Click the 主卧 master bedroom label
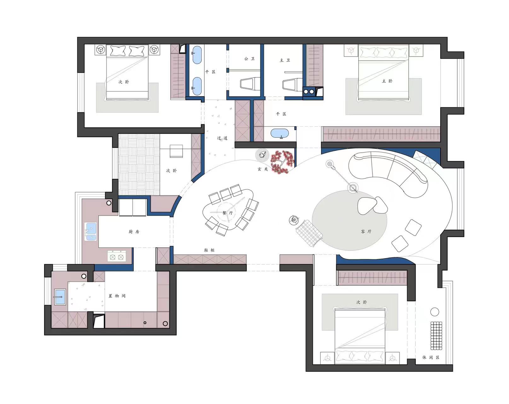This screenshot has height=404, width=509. pos(387,81)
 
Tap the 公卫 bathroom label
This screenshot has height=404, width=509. pos(249,58)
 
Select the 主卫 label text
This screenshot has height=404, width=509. pos(285,60)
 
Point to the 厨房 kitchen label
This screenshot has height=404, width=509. pos(134,232)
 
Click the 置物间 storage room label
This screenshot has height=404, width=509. pos(117,296)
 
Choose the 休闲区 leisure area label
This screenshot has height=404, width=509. pos(431,357)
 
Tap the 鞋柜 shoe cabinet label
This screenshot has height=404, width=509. pos(209,250)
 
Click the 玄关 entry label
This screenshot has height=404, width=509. pos(263,169)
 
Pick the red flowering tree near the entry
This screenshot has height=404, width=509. pos(282,162)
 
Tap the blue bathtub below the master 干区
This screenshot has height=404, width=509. pos(280,133)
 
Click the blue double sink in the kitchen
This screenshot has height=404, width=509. pos(91,231)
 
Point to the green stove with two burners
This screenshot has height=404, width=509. pos(117,256)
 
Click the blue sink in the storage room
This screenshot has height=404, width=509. pos(60,297)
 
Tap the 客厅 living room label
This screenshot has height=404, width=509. pos(366,231)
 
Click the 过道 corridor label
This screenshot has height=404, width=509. pos(222,138)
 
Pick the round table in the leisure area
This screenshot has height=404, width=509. pos(435,312)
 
